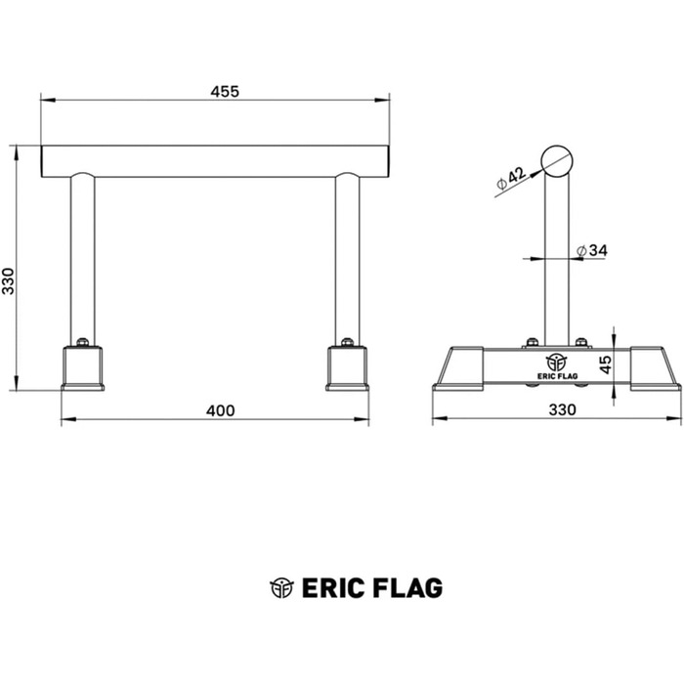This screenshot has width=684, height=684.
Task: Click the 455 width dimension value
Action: (225, 92)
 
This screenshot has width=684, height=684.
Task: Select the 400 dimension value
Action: (221, 410)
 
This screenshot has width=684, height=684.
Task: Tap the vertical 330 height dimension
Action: (8, 280)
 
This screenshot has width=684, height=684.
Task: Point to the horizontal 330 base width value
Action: (562, 410)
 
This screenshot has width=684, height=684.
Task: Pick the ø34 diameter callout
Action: (593, 251)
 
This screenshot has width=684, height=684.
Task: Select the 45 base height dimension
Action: (606, 364)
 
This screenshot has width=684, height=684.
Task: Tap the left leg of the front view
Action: (83, 257)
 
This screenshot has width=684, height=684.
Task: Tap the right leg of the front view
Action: (347, 257)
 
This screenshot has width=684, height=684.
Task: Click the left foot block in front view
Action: (83, 368)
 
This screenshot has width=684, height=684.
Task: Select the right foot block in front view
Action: (347, 368)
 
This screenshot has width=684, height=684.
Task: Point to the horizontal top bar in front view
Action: (215, 161)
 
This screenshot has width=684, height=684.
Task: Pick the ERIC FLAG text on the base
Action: (556, 372)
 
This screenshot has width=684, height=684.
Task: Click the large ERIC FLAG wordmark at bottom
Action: (372, 587)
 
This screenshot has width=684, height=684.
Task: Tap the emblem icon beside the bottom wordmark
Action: (281, 587)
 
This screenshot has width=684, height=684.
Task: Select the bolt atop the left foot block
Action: (83, 342)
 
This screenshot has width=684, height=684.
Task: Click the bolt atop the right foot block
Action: (347, 342)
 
